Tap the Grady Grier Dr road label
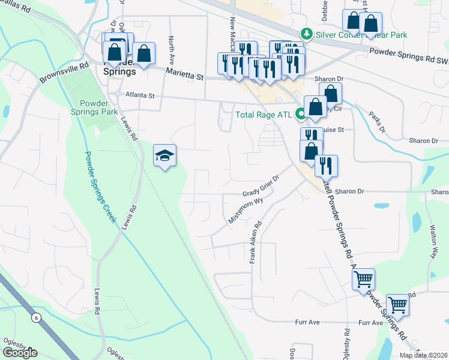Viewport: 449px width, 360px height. tap(261, 186)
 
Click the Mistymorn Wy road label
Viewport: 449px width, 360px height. tap(246, 211)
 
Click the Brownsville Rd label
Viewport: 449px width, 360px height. tap(64, 71)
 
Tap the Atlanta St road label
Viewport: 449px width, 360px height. tap(140, 95)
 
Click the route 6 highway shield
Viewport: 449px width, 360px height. tap(37, 317)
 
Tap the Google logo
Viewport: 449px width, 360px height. tap(20, 352)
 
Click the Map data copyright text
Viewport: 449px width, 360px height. tap(423, 355)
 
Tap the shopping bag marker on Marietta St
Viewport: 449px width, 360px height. tap(144, 54)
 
